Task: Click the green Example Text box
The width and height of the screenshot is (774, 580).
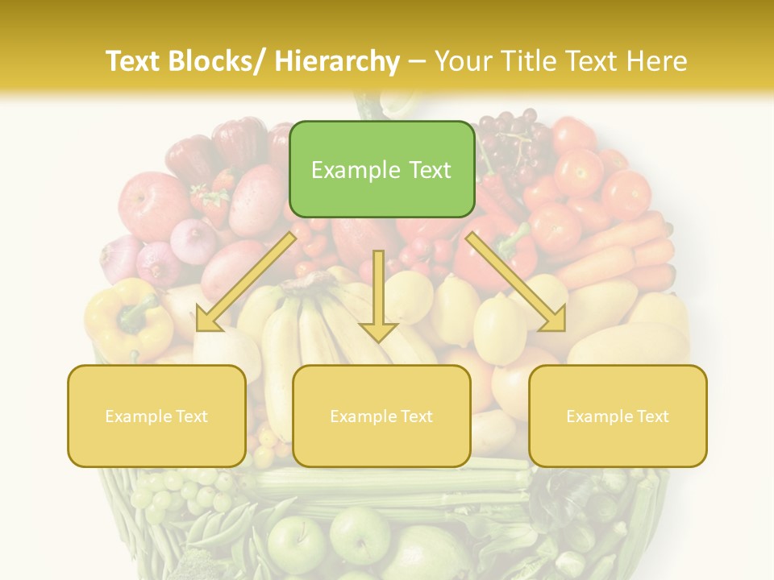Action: click(x=381, y=169)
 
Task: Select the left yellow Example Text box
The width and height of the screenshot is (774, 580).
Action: click(x=156, y=416)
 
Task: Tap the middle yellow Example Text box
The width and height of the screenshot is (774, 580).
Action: click(x=381, y=416)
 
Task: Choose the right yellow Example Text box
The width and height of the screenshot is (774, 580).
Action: click(x=618, y=416)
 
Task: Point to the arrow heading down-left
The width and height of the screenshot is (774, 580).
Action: click(x=246, y=282)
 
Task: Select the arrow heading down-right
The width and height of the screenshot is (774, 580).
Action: click(x=516, y=282)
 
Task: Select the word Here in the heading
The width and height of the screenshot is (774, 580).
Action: click(x=658, y=61)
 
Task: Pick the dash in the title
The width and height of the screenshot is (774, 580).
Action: click(x=417, y=61)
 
